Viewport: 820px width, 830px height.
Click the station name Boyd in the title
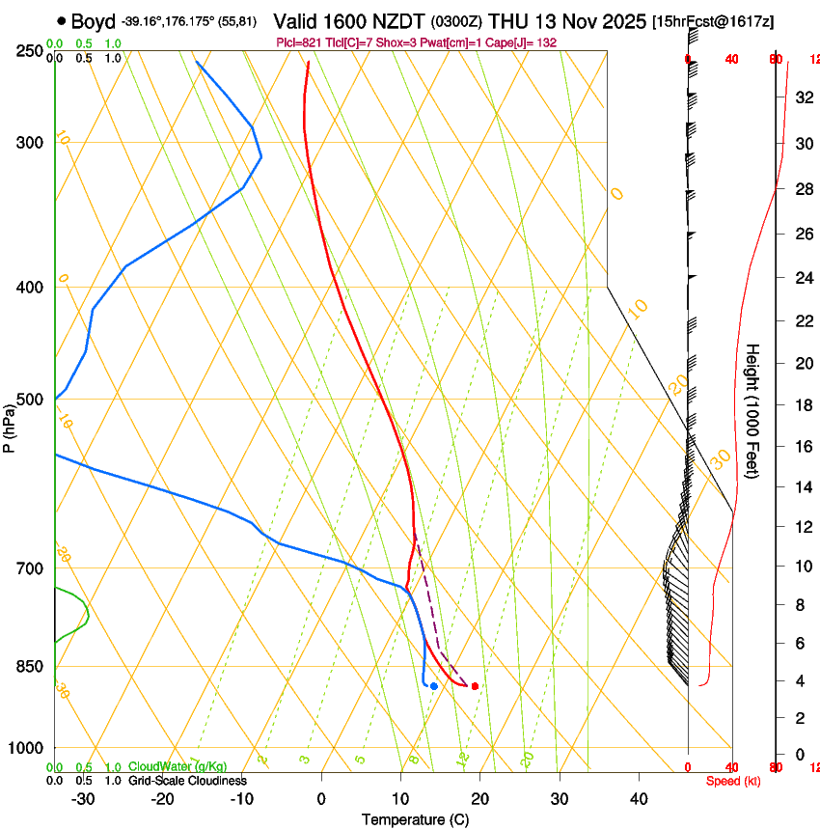click(94, 21)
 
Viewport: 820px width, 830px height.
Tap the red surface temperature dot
click(474, 686)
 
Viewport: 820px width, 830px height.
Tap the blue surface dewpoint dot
click(434, 686)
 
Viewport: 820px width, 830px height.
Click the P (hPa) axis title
click(9, 424)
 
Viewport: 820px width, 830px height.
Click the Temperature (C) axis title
click(415, 819)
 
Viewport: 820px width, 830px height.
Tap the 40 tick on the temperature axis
click(639, 799)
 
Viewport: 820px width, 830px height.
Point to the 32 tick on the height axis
click(802, 97)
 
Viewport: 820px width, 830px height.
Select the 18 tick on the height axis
click(802, 405)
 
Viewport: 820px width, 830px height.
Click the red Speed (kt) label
click(732, 781)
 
